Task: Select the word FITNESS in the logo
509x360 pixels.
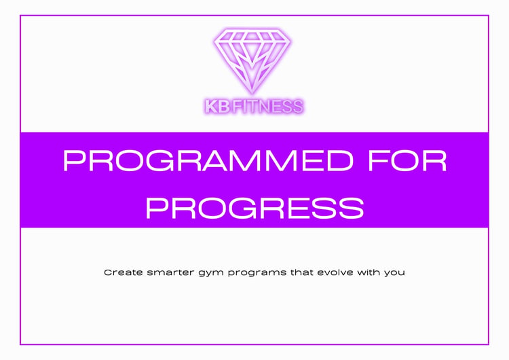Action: [x=268, y=107]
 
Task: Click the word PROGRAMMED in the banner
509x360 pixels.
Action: [x=208, y=160]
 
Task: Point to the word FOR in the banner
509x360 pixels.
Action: [x=408, y=160]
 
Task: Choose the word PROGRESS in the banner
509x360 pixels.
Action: [x=254, y=208]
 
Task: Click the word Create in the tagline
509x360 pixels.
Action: [x=124, y=272]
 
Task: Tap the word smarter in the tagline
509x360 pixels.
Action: [x=170, y=272]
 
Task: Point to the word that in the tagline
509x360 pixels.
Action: [x=301, y=272]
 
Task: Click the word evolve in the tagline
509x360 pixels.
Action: [x=335, y=272]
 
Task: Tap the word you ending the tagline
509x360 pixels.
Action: [x=394, y=274]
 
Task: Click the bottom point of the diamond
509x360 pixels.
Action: [x=252, y=94]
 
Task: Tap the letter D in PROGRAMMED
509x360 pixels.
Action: [x=340, y=160]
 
